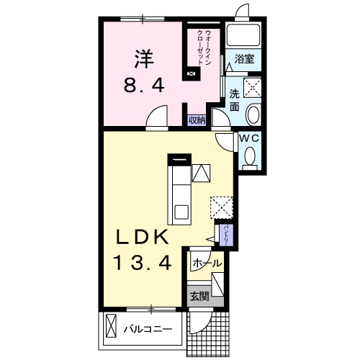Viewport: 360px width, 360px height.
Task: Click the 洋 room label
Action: (x=144, y=58)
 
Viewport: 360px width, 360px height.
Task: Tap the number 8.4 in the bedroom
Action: (x=144, y=85)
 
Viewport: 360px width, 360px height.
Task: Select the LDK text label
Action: (x=142, y=236)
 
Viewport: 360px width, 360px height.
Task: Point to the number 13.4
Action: (x=143, y=263)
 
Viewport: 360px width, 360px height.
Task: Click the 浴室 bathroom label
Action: (x=244, y=59)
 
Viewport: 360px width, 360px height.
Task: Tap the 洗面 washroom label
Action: (x=235, y=100)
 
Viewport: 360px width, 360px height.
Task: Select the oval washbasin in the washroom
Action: (x=253, y=114)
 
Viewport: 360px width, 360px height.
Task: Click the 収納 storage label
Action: (x=197, y=120)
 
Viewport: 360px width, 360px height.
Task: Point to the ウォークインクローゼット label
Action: (x=204, y=48)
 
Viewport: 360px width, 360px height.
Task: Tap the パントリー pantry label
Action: (x=226, y=234)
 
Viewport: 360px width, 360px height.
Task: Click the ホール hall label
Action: (x=207, y=264)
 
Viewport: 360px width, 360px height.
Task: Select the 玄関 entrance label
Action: (x=199, y=297)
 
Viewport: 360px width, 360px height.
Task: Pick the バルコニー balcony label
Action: (x=148, y=329)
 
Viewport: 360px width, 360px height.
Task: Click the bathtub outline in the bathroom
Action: (x=243, y=35)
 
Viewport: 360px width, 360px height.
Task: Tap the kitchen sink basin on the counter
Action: (x=181, y=212)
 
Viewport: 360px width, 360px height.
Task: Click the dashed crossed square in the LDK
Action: (x=222, y=207)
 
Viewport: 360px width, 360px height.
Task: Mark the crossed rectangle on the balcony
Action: (x=111, y=325)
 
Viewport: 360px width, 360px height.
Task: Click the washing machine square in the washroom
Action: (x=252, y=87)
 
